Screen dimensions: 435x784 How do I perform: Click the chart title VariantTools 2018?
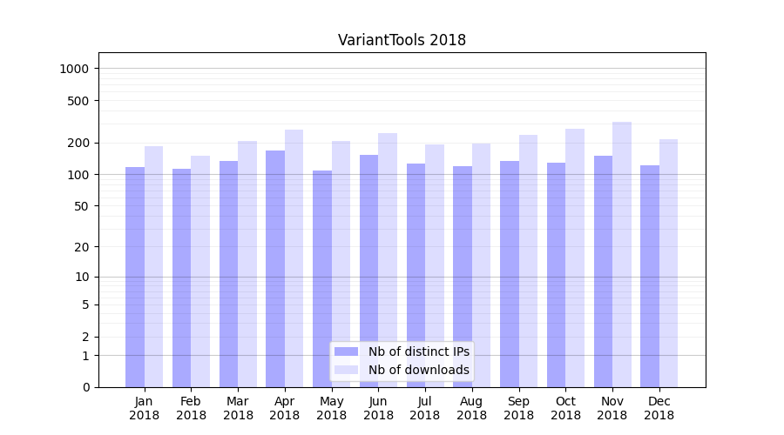402,40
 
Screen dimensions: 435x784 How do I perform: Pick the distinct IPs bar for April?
275,269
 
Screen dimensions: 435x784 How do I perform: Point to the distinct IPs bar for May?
322,278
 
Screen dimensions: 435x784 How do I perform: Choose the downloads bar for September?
528,261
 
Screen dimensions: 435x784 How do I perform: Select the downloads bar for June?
388,260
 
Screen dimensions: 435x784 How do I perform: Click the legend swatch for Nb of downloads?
346,370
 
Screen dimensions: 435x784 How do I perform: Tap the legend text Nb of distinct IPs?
419,351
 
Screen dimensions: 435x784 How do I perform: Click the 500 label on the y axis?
80,101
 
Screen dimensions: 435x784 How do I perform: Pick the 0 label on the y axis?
86,387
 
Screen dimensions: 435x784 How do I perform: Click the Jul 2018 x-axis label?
425,408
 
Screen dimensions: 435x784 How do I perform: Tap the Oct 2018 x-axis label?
565,408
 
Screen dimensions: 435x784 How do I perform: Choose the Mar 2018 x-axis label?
238,408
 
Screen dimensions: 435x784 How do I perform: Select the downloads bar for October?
575,258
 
